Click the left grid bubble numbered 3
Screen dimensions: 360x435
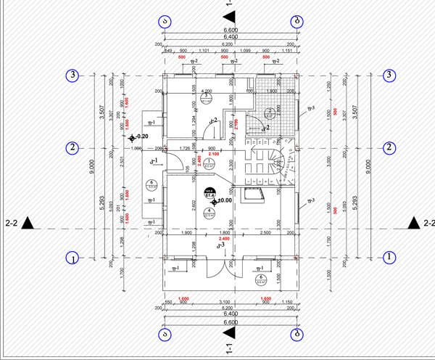(x=72, y=75)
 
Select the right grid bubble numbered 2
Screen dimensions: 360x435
(x=389, y=148)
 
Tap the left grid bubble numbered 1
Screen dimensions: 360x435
(x=72, y=257)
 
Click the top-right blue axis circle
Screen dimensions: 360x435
(x=297, y=21)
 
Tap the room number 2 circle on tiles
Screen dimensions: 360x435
(x=268, y=112)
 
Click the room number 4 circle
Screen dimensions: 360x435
(x=209, y=211)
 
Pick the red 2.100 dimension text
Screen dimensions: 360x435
(x=214, y=155)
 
